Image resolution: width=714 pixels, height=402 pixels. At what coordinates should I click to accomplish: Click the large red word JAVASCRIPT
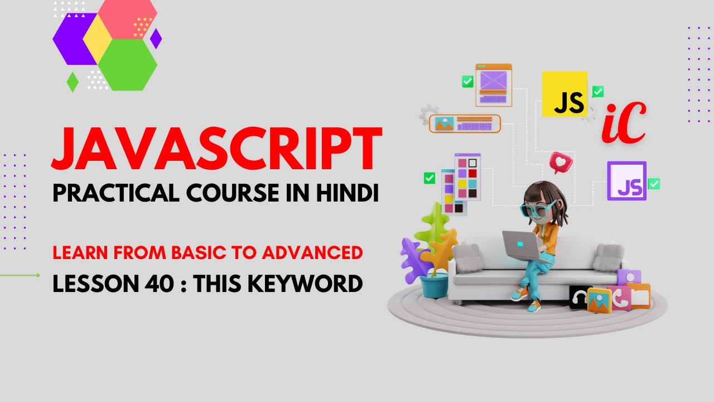click(x=216, y=149)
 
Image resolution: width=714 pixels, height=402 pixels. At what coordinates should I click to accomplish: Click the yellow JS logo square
click(x=565, y=94)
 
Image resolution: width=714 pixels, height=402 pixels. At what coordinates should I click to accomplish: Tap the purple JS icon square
click(x=626, y=181)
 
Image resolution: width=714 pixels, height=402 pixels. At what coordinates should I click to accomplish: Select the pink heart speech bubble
click(x=560, y=162)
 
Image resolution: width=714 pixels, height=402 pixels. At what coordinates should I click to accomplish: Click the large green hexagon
click(x=127, y=65)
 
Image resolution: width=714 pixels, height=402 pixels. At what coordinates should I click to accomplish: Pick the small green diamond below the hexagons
click(x=73, y=82)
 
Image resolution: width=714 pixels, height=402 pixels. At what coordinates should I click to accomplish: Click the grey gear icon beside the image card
click(x=428, y=114)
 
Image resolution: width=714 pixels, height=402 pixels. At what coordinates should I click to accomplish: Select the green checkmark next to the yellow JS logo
click(x=598, y=91)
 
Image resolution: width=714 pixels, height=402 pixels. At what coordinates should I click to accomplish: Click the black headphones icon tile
click(x=580, y=298)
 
